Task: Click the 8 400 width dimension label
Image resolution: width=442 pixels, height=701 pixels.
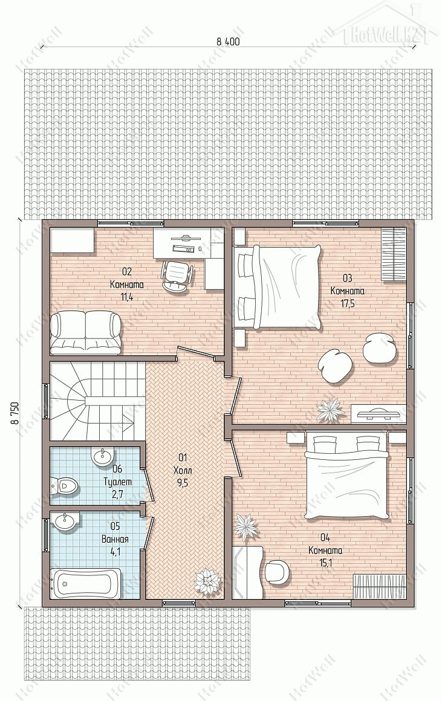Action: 228,42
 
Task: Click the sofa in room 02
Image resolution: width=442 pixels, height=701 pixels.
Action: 85,333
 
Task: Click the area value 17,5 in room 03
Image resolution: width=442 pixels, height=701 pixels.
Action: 347,302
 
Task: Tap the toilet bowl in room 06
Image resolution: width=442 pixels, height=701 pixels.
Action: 64,485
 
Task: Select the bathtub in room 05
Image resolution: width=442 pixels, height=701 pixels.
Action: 85,583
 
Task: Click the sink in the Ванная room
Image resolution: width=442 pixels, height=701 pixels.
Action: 66,521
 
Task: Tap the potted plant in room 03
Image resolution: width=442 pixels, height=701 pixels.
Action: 331,410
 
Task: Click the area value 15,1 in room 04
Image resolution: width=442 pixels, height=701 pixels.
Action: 326,563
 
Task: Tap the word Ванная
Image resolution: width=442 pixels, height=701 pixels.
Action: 115,539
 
